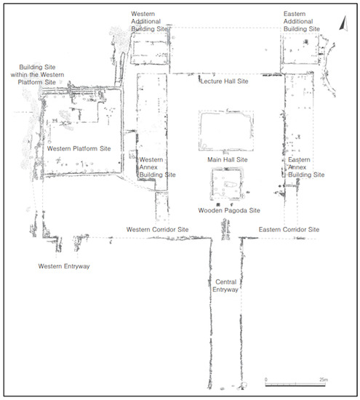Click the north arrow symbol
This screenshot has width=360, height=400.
point(343,24)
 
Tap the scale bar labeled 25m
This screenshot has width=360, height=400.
point(295,385)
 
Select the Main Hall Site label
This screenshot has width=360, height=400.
point(228,159)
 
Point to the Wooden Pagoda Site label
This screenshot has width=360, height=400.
point(227,210)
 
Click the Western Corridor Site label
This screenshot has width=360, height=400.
point(158,230)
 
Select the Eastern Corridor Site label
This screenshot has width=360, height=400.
point(289,230)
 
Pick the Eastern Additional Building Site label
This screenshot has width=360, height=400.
point(301,22)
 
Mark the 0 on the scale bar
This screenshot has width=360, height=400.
point(266,379)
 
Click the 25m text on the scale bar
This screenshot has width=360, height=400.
point(324,379)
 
